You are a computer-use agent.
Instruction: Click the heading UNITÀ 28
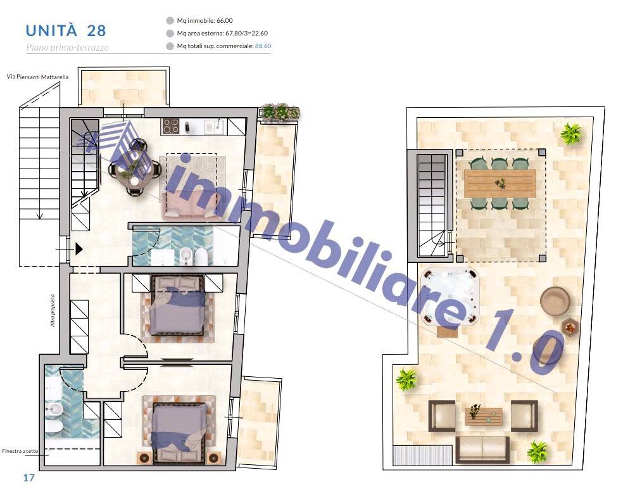coord(66,31)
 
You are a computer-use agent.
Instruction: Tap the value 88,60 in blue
coord(263,46)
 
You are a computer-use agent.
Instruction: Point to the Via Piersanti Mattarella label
coord(37,77)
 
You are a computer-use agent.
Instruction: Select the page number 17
coord(28,478)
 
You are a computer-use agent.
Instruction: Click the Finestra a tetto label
coord(20,450)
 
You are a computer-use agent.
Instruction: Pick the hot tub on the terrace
coord(450,296)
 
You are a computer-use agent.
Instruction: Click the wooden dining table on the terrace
coord(500,184)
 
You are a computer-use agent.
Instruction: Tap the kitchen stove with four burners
coord(170,127)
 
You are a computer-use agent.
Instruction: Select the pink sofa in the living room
coord(191,206)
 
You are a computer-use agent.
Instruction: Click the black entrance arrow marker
coord(79,249)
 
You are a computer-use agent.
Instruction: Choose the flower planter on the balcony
coord(279,112)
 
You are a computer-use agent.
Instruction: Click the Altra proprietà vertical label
coord(53,310)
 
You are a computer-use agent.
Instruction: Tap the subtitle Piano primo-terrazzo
coord(68,48)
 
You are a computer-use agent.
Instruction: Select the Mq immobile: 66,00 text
coord(204,21)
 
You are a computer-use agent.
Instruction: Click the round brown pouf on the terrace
coord(555,301)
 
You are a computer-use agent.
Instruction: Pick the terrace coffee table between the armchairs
coord(484,416)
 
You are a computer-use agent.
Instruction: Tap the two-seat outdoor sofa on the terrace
coord(482,449)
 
